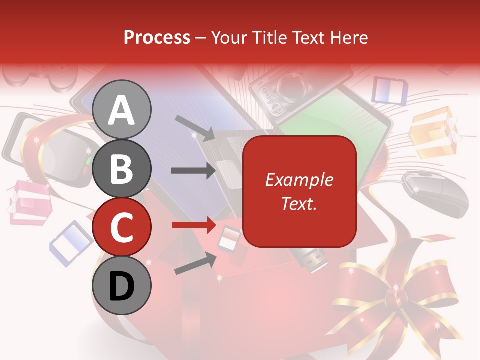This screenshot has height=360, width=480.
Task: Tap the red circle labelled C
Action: click(x=122, y=227)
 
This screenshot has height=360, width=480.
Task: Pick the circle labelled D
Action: click(x=122, y=286)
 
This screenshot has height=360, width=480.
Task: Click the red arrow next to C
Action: click(x=194, y=225)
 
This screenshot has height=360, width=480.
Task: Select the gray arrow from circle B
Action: click(x=194, y=170)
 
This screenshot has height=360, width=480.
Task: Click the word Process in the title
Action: click(x=157, y=37)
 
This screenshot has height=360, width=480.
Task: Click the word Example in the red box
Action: click(x=299, y=180)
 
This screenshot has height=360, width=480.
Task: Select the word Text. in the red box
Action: click(x=299, y=203)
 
